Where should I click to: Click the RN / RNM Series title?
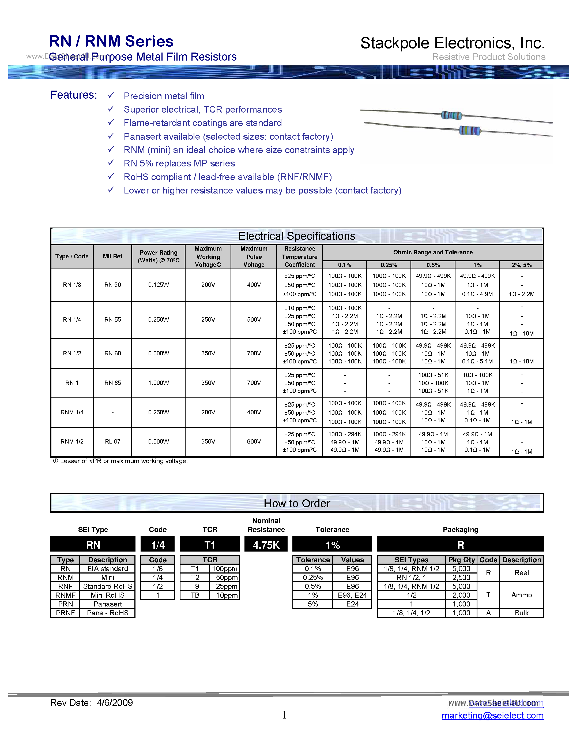coord(111,42)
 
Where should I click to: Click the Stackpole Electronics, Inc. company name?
coord(452,43)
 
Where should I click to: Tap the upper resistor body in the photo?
coord(451,116)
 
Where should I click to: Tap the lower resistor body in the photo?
coord(470,131)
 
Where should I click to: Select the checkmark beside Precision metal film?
coord(111,95)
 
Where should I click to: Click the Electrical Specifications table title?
coord(297,236)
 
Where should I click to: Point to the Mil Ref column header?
coord(112,256)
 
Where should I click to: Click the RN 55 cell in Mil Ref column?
coord(112,319)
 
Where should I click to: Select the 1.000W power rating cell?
coord(159,383)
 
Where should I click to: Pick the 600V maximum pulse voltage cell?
coord(254,441)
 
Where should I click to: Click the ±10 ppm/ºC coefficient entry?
coord(299,308)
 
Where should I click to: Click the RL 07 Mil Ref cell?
coord(112,441)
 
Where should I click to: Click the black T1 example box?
coord(210,545)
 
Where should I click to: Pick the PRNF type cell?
coord(65,613)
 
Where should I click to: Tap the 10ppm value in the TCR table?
coord(227,595)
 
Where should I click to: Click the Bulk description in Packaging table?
coord(521,613)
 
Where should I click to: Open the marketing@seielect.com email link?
coord(492,715)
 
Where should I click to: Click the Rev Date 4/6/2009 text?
coord(91,703)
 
